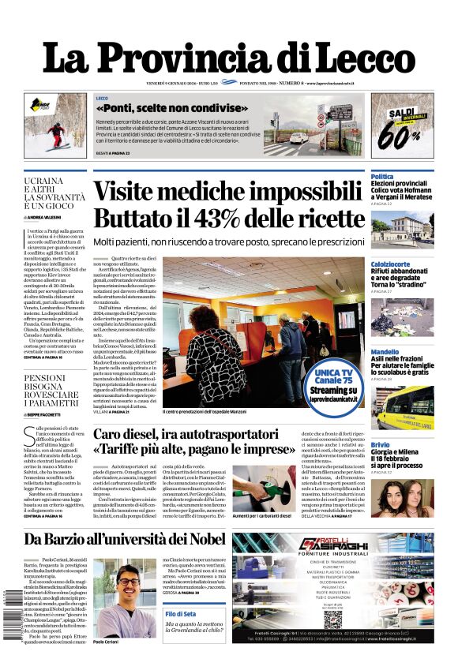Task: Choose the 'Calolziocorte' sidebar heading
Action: point(391,264)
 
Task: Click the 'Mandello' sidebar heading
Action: point(385,352)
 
